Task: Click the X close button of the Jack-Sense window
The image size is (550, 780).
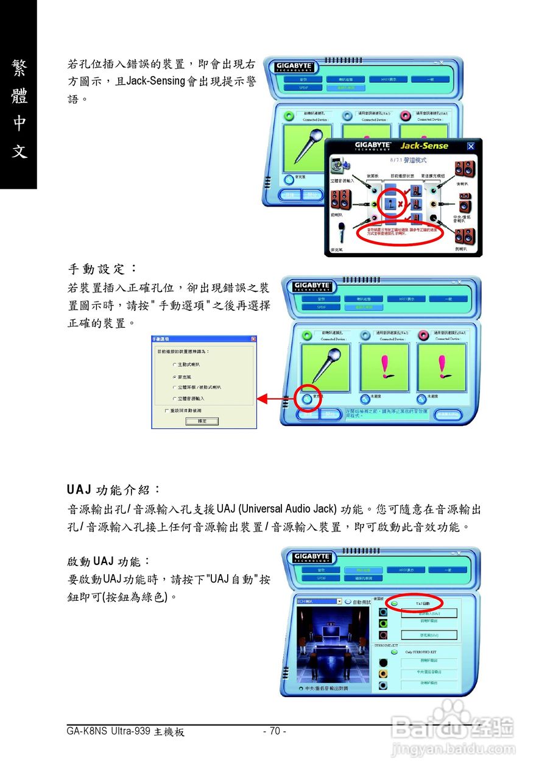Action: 470,146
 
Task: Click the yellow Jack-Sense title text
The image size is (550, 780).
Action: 424,146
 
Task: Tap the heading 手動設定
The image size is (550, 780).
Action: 102,268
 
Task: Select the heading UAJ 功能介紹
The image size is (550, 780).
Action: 114,489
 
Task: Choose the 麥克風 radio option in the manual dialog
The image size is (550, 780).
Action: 174,377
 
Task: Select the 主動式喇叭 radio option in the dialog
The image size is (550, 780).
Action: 174,364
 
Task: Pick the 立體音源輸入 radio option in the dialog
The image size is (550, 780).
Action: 174,398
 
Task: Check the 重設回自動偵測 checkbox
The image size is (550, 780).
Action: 167,411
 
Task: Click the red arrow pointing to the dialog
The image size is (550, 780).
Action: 274,399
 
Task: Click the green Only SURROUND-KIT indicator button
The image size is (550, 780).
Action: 394,651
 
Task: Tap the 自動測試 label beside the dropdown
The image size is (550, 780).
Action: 362,601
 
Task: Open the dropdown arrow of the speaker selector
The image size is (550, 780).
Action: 339,601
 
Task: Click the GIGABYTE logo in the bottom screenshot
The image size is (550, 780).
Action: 312,557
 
